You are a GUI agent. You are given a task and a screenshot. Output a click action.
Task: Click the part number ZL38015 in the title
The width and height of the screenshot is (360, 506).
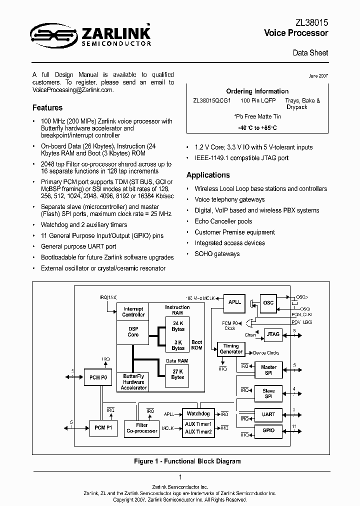pyautogui.click(x=312, y=23)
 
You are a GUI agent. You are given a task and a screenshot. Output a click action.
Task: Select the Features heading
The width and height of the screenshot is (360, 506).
pyautogui.click(x=47, y=107)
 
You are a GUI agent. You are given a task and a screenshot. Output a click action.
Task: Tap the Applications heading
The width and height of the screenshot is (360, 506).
pyautogui.click(x=208, y=175)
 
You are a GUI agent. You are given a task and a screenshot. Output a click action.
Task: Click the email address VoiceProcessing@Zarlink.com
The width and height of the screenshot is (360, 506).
pyautogui.click(x=72, y=90)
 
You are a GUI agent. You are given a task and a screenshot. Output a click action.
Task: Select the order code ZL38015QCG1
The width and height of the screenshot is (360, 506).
pyautogui.click(x=211, y=100)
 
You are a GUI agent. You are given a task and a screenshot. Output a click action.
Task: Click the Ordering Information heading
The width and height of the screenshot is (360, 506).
pyautogui.click(x=257, y=91)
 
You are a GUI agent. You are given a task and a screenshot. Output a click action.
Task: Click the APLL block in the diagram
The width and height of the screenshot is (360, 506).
pyautogui.click(x=234, y=302)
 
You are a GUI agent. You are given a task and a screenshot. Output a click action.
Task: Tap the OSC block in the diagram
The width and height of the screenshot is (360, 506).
pyautogui.click(x=268, y=302)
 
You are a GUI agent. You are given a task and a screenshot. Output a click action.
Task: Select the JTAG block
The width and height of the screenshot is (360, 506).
pyautogui.click(x=273, y=334)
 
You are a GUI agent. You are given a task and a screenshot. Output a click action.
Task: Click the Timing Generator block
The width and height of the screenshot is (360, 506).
pyautogui.click(x=231, y=349)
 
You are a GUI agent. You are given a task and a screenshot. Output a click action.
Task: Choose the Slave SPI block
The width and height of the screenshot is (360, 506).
pyautogui.click(x=268, y=394)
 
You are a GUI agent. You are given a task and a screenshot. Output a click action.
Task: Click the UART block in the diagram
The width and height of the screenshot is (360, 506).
pyautogui.click(x=268, y=414)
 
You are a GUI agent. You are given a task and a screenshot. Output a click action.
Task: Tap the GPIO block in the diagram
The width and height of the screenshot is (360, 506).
pyautogui.click(x=268, y=430)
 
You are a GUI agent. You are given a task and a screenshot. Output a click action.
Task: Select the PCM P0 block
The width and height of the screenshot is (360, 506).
pyautogui.click(x=97, y=377)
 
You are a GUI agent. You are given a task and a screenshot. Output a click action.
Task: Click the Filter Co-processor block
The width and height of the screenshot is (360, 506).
pyautogui.click(x=142, y=428)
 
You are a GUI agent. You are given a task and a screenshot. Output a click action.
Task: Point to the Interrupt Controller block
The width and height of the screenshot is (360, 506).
pyautogui.click(x=133, y=312)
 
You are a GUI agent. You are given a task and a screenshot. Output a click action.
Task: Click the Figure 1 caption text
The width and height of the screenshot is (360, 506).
pyautogui.click(x=179, y=461)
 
